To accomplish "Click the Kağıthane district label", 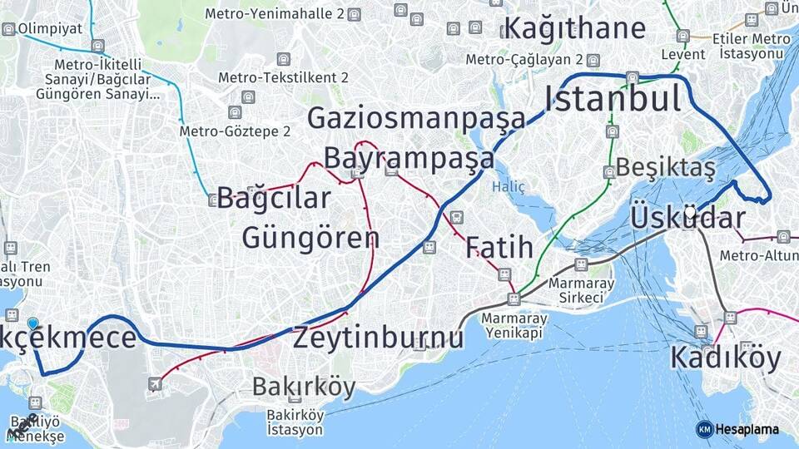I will tap(574, 28).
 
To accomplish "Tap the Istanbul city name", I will tap(613, 99).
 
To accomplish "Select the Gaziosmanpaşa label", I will tap(416, 118).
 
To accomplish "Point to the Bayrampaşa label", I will tap(409, 157).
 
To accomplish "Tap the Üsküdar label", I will tap(687, 218).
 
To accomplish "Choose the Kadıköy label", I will tap(726, 358).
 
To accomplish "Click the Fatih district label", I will tap(499, 247).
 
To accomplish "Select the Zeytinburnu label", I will tap(378, 338).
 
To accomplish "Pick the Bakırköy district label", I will tap(303, 387).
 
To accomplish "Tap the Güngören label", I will tap(310, 238).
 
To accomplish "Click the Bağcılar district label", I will tap(274, 199).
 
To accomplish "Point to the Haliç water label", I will tap(509, 187).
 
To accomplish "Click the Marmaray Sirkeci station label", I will tap(582, 290).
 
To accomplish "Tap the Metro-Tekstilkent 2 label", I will tap(283, 77).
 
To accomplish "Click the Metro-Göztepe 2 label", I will tap(235, 131).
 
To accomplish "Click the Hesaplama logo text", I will tap(747, 429).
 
